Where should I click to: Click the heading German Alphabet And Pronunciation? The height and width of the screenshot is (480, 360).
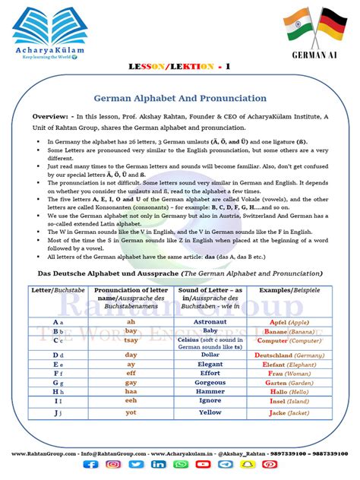(179, 99)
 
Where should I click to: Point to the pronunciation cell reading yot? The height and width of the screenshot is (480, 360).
(131, 412)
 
